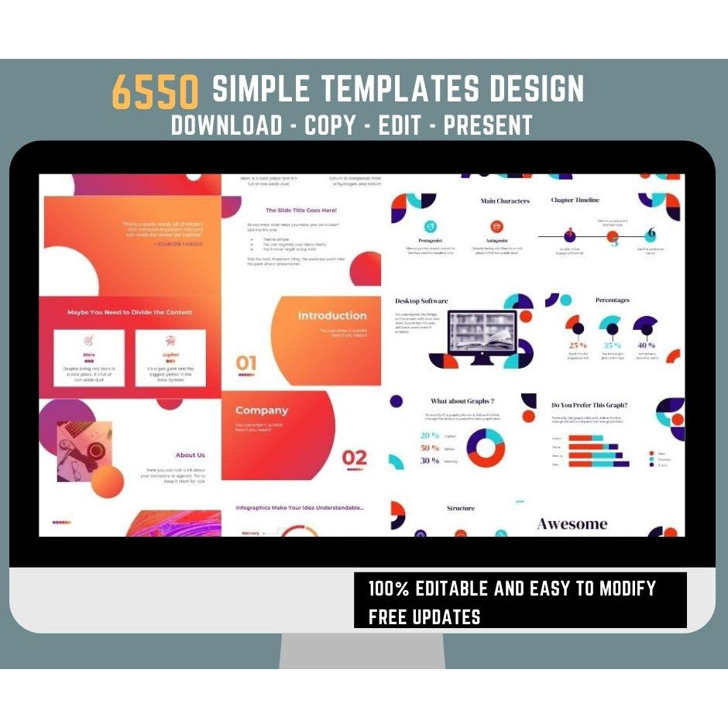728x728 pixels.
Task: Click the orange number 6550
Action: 155,91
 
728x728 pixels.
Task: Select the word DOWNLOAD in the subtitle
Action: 226,125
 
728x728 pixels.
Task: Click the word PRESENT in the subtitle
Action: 488,125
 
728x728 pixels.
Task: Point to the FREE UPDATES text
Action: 424,617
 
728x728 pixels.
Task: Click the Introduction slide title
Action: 332,316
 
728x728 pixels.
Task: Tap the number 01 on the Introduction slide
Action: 246,362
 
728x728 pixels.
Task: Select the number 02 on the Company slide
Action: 355,456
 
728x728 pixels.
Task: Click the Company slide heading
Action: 261,410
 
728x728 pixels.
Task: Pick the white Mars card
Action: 89,358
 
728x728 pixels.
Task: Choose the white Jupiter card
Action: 170,358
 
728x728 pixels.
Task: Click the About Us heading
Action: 190,455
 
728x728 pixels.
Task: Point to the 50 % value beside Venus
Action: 430,448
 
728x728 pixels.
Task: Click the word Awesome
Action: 572,524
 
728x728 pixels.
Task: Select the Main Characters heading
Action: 505,201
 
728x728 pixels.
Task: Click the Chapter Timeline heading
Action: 575,200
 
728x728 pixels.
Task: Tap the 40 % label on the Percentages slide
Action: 646,345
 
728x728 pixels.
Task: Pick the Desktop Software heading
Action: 421,300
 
